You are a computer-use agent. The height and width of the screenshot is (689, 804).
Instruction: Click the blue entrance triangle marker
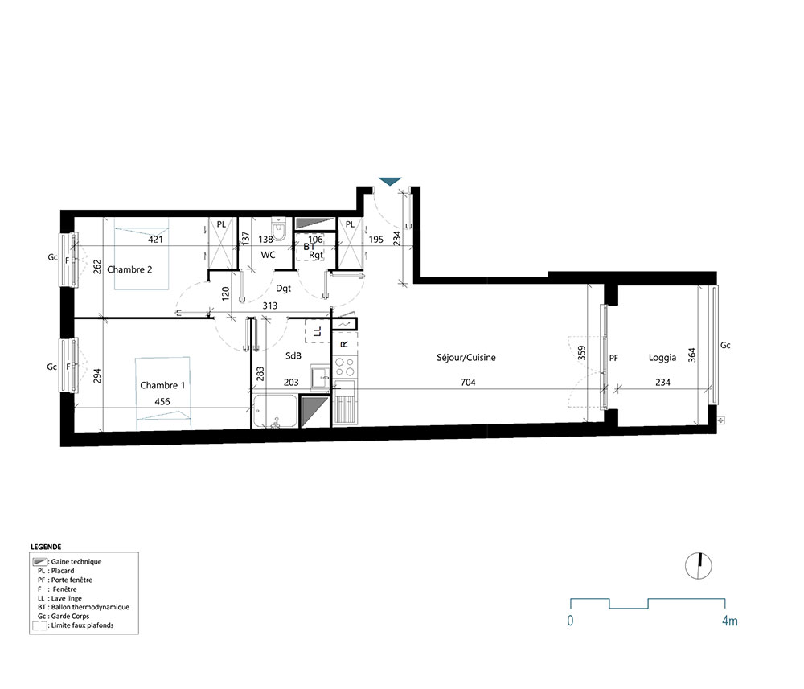point(390,182)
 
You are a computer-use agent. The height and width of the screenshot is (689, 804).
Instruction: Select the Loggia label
point(662,358)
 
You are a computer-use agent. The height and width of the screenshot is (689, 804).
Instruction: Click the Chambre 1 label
point(162,385)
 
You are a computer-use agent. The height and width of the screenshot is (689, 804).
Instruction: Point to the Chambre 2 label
point(129,269)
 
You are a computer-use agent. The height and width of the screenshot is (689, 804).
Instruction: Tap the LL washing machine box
point(317,330)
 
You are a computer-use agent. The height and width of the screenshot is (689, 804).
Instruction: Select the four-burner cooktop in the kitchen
point(345,367)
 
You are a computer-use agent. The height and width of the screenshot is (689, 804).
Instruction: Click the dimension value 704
point(468,383)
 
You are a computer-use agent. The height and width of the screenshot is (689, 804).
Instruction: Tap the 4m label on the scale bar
point(729,621)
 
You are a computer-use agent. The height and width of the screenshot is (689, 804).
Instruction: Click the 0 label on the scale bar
point(570,621)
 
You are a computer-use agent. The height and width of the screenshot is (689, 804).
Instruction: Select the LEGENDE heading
point(46,546)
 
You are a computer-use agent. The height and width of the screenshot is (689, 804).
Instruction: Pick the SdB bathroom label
point(293,355)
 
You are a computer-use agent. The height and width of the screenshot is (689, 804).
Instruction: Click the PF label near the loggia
point(613,358)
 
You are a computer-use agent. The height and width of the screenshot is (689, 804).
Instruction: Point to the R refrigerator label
point(344,344)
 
